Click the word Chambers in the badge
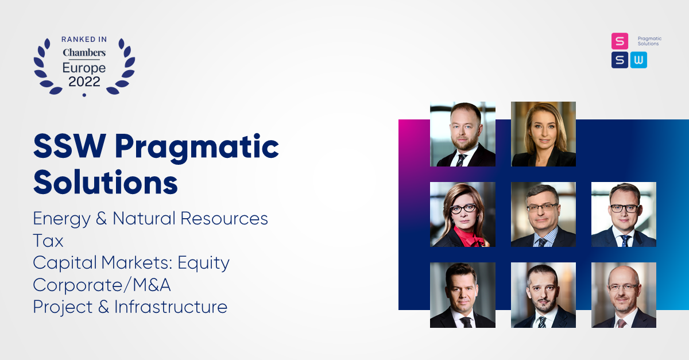click(84, 53)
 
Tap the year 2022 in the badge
click(84, 82)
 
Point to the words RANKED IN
click(84, 40)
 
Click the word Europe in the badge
click(84, 68)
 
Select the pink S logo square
click(620, 41)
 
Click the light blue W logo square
click(638, 60)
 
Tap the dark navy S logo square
click(620, 60)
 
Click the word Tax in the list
click(48, 241)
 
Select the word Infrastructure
click(171, 307)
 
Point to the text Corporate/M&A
click(102, 285)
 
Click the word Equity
click(203, 263)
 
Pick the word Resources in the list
click(224, 218)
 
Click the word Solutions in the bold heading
click(106, 182)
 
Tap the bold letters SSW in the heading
click(70, 146)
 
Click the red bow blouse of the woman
click(468, 237)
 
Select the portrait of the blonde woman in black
click(543, 134)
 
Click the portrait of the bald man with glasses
click(624, 295)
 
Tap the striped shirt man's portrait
click(543, 215)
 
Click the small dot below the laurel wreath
click(84, 95)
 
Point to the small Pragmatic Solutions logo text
click(649, 41)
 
